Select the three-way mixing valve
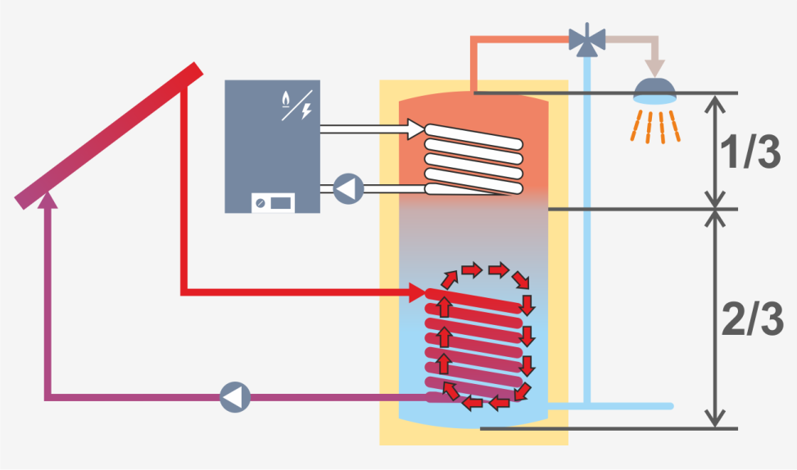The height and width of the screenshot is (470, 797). [x=586, y=38]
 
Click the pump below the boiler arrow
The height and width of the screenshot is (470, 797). [x=347, y=188]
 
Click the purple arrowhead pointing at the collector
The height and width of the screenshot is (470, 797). [x=48, y=197]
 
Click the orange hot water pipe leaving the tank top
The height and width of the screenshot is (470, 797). [x=474, y=61]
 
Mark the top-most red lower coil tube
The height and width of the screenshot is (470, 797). [x=475, y=299]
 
